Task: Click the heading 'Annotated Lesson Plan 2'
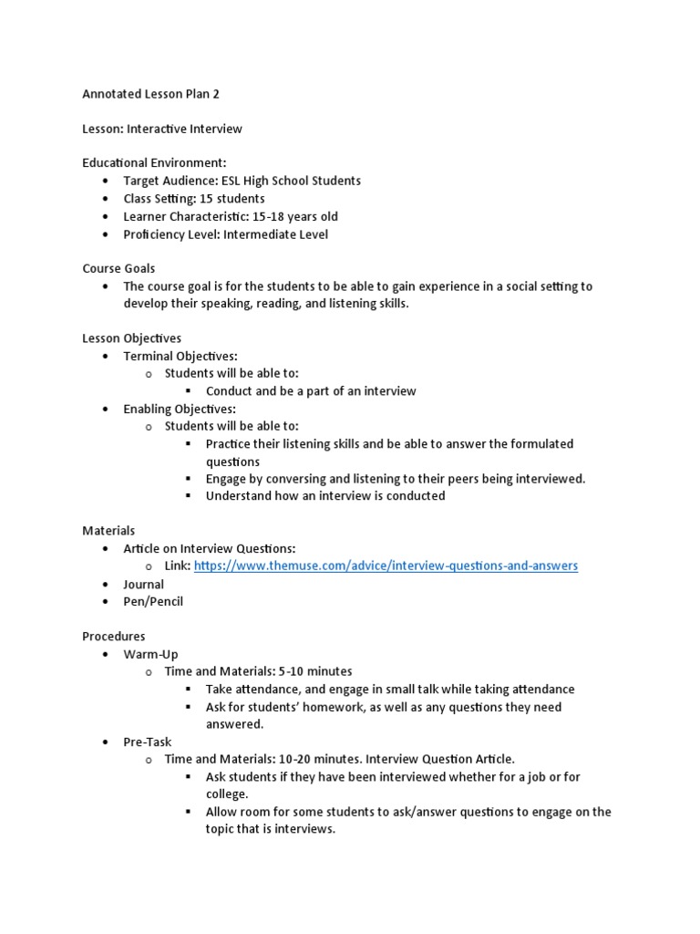(x=151, y=94)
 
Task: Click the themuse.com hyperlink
(x=386, y=566)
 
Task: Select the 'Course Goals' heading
(x=118, y=268)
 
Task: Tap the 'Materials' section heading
(x=108, y=530)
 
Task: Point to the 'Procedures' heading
(x=113, y=636)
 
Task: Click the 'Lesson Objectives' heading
(x=132, y=338)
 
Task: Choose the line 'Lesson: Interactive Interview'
(x=162, y=129)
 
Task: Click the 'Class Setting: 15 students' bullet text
(x=194, y=199)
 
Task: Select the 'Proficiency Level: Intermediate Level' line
(x=225, y=233)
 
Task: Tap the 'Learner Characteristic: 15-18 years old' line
(x=231, y=216)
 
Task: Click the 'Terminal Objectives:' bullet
(x=180, y=356)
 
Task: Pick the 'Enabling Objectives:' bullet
(x=179, y=409)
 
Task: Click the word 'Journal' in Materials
(x=144, y=584)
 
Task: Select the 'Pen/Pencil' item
(x=153, y=601)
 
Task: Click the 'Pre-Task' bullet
(x=148, y=742)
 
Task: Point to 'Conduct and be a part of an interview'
(x=311, y=391)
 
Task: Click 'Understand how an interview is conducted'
(x=325, y=496)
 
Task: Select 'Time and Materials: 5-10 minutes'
(x=258, y=671)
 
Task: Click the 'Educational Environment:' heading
(x=154, y=163)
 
